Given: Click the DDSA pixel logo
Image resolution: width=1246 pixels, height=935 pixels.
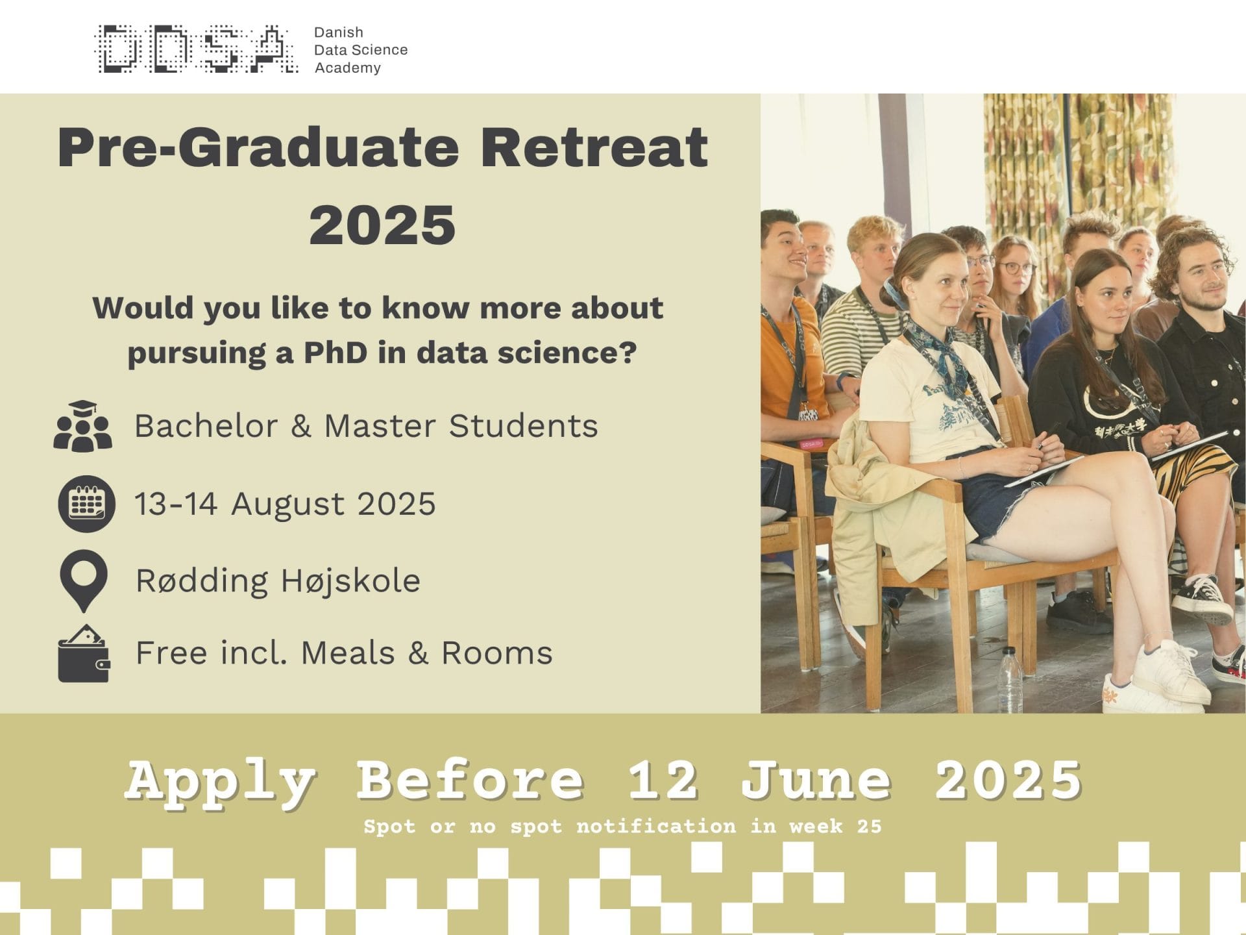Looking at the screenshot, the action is [197, 49].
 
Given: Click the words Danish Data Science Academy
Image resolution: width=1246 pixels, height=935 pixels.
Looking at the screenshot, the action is [361, 50].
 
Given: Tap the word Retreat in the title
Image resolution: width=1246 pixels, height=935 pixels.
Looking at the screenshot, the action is [594, 147].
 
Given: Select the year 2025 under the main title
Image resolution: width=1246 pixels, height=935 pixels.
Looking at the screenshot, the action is [382, 225].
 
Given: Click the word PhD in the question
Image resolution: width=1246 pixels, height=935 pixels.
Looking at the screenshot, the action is [336, 353].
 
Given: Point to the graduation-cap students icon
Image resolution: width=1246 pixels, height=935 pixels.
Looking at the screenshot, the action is [83, 426].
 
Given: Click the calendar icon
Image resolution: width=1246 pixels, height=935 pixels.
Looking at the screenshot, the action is [86, 504].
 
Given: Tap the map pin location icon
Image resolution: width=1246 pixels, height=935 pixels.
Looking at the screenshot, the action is [83, 581].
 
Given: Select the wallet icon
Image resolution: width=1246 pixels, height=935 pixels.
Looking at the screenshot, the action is [84, 653].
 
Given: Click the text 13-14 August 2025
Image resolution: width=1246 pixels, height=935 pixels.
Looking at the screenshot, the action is [285, 504].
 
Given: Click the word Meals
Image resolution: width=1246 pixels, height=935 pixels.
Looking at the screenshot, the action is [348, 653].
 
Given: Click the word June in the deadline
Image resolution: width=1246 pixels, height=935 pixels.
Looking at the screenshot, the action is [816, 780].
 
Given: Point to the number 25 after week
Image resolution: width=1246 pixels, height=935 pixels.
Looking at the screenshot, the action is [869, 827].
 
